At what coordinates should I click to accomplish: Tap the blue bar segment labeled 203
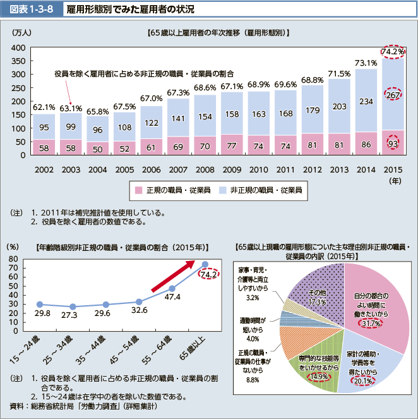[338, 106]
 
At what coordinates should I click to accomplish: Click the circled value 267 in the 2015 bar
[393, 95]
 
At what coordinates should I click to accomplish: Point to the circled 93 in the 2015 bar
[393, 144]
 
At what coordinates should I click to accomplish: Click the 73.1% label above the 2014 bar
[366, 63]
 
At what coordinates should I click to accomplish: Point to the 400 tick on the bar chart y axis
[18, 48]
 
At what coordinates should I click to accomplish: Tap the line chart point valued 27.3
[73, 307]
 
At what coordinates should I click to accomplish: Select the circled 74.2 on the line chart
[208, 274]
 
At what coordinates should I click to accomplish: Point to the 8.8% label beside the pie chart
[253, 380]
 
